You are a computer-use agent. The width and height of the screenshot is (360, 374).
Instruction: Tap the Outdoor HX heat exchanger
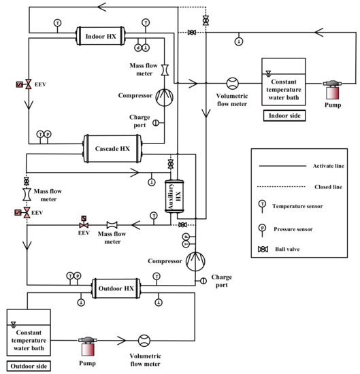pyautogui.click(x=113, y=283)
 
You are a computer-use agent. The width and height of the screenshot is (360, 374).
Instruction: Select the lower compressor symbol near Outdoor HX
pyautogui.click(x=195, y=261)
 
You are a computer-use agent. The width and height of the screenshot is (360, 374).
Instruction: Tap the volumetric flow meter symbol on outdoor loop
pyautogui.click(x=144, y=339)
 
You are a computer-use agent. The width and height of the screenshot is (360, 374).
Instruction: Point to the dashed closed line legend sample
pyautogui.click(x=278, y=184)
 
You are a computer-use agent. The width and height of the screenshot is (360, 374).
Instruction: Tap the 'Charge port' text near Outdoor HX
pyautogui.click(x=222, y=280)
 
